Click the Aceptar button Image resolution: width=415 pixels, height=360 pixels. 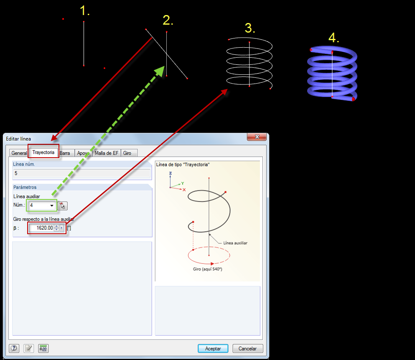tap(213, 348)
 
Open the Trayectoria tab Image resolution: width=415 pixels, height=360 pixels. tap(43, 153)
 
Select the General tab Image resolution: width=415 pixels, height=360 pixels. tap(19, 153)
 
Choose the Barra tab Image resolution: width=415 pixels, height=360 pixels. tap(65, 153)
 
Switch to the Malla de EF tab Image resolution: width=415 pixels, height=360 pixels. tap(107, 153)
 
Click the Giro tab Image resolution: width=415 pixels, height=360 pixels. tap(127, 153)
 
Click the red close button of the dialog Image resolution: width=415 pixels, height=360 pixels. tap(257, 137)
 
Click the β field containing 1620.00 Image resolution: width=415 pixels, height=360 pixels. tap(42, 228)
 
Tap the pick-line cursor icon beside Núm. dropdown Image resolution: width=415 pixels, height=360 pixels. tap(62, 205)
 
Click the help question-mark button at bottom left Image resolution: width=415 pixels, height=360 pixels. tap(15, 348)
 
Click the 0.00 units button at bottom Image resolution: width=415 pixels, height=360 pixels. tap(43, 348)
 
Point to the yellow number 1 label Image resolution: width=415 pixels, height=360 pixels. tap(84, 11)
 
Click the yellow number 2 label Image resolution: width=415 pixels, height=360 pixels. tap(168, 20)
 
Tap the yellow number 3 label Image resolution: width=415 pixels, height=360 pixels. tap(250, 28)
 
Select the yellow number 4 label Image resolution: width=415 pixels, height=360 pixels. tap(333, 38)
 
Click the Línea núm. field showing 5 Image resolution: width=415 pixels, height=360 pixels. tap(81, 173)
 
